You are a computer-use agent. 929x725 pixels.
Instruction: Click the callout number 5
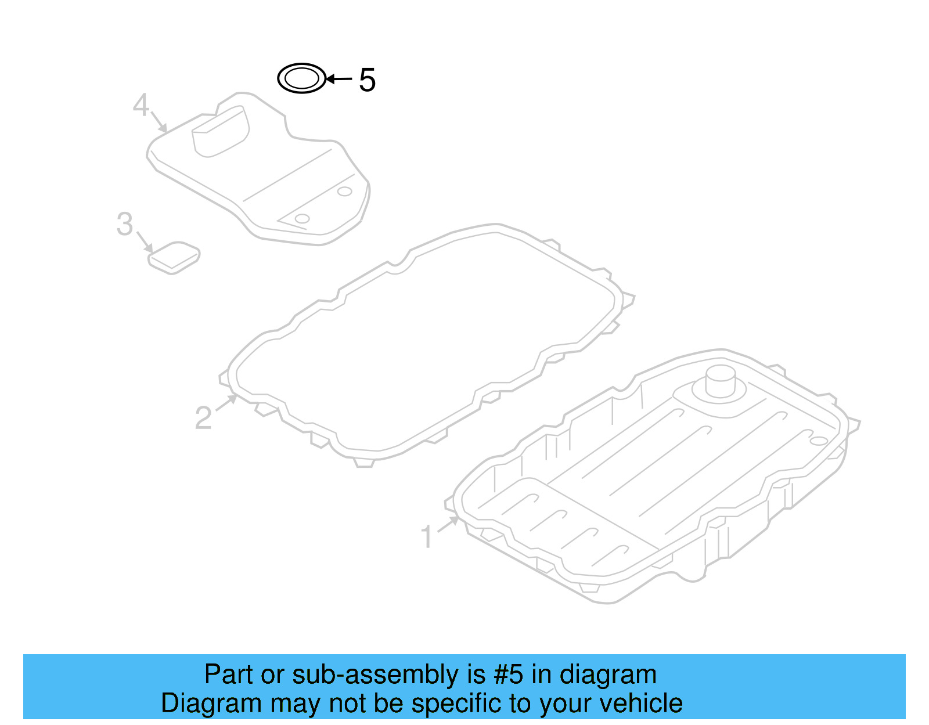[367, 80]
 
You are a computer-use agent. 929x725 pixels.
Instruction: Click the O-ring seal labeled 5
[301, 78]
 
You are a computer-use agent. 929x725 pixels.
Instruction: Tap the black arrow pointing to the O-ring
[339, 79]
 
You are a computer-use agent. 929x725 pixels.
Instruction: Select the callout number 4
[141, 105]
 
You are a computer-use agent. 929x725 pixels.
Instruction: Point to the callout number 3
[125, 224]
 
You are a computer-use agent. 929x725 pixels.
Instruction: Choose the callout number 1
[427, 537]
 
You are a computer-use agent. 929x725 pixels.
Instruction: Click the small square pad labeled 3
[174, 257]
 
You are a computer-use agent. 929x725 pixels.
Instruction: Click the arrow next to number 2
[226, 403]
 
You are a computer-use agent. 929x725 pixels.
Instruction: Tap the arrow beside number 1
[448, 524]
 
